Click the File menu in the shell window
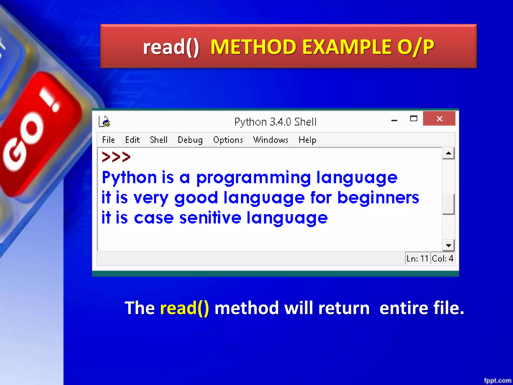tap(108, 140)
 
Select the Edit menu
tap(132, 140)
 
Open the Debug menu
tap(190, 140)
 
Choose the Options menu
tap(228, 140)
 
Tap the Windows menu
tap(271, 140)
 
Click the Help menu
tap(307, 140)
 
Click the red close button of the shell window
tap(439, 119)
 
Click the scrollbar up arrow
tap(448, 153)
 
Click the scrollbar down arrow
tap(448, 245)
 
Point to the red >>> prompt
tap(116, 157)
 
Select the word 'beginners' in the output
tap(378, 198)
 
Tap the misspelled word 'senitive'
tap(210, 218)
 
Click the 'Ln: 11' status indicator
tap(417, 258)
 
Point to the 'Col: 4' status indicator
tap(443, 258)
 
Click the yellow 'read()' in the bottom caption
tap(185, 308)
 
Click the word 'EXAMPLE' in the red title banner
tap(347, 47)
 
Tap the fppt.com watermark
tap(497, 380)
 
